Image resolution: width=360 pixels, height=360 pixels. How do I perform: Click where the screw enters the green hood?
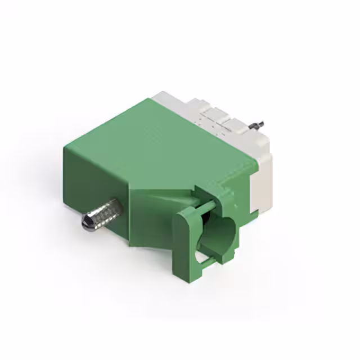click(118, 205)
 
